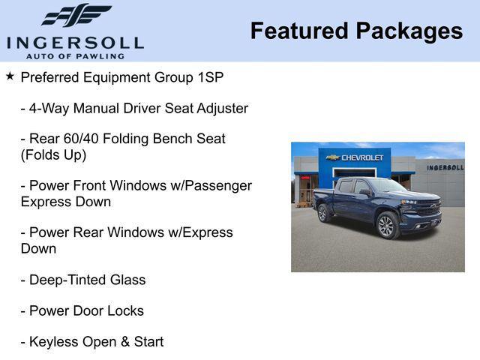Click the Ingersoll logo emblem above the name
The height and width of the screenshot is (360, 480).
tap(76, 15)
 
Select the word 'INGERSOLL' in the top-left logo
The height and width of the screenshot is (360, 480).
tap(75, 42)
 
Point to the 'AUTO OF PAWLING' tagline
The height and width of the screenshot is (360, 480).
tap(75, 55)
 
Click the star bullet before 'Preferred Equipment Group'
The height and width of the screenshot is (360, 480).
tap(10, 76)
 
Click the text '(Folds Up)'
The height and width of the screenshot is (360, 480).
tap(53, 155)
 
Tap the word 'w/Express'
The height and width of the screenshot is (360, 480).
tap(198, 232)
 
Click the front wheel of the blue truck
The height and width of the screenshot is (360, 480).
tap(386, 225)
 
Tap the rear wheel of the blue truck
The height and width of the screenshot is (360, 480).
tap(323, 213)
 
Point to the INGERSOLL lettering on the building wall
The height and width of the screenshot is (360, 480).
tap(445, 167)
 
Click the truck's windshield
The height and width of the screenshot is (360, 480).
tap(386, 185)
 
